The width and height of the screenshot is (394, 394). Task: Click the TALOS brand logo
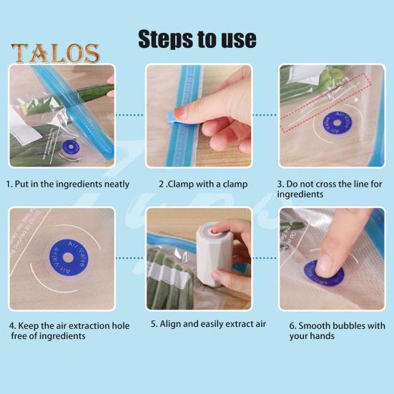click(x=55, y=53)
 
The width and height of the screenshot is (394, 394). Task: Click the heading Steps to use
click(x=197, y=39)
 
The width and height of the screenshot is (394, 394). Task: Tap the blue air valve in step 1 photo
click(x=71, y=147)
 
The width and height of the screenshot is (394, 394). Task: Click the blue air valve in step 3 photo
click(x=338, y=123)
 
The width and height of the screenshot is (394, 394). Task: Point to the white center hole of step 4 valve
click(x=68, y=257)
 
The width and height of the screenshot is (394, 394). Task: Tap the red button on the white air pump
click(x=215, y=231)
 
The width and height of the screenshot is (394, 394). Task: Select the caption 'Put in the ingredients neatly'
click(x=72, y=184)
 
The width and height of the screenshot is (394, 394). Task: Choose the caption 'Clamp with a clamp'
click(x=207, y=184)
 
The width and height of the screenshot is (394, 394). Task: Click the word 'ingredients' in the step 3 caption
click(x=300, y=194)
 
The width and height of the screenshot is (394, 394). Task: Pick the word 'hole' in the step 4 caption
click(x=121, y=325)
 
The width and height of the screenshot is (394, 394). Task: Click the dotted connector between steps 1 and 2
click(x=129, y=115)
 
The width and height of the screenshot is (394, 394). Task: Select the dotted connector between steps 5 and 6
click(x=265, y=258)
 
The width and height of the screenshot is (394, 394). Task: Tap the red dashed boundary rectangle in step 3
click(x=325, y=102)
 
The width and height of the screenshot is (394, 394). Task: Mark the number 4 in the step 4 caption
click(x=12, y=326)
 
